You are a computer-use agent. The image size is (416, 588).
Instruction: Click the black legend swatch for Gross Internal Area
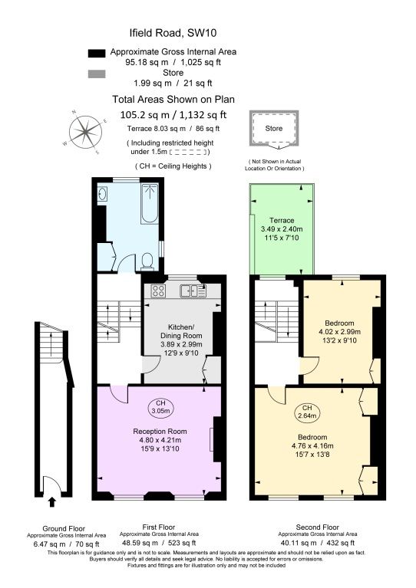96,53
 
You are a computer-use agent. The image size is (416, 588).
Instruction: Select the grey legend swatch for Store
96,74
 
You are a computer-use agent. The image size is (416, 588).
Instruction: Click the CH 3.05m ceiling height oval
160,407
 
